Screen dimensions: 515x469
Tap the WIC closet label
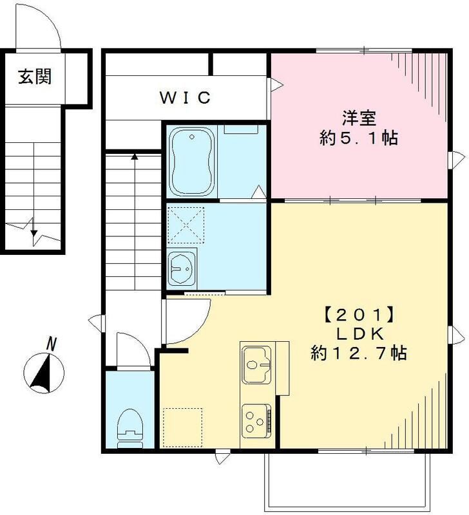186,98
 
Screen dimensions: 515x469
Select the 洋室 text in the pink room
359,118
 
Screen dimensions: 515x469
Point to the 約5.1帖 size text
359,138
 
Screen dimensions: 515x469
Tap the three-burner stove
258,422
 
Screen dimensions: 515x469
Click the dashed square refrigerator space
182,427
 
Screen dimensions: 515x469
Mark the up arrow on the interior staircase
134,156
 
